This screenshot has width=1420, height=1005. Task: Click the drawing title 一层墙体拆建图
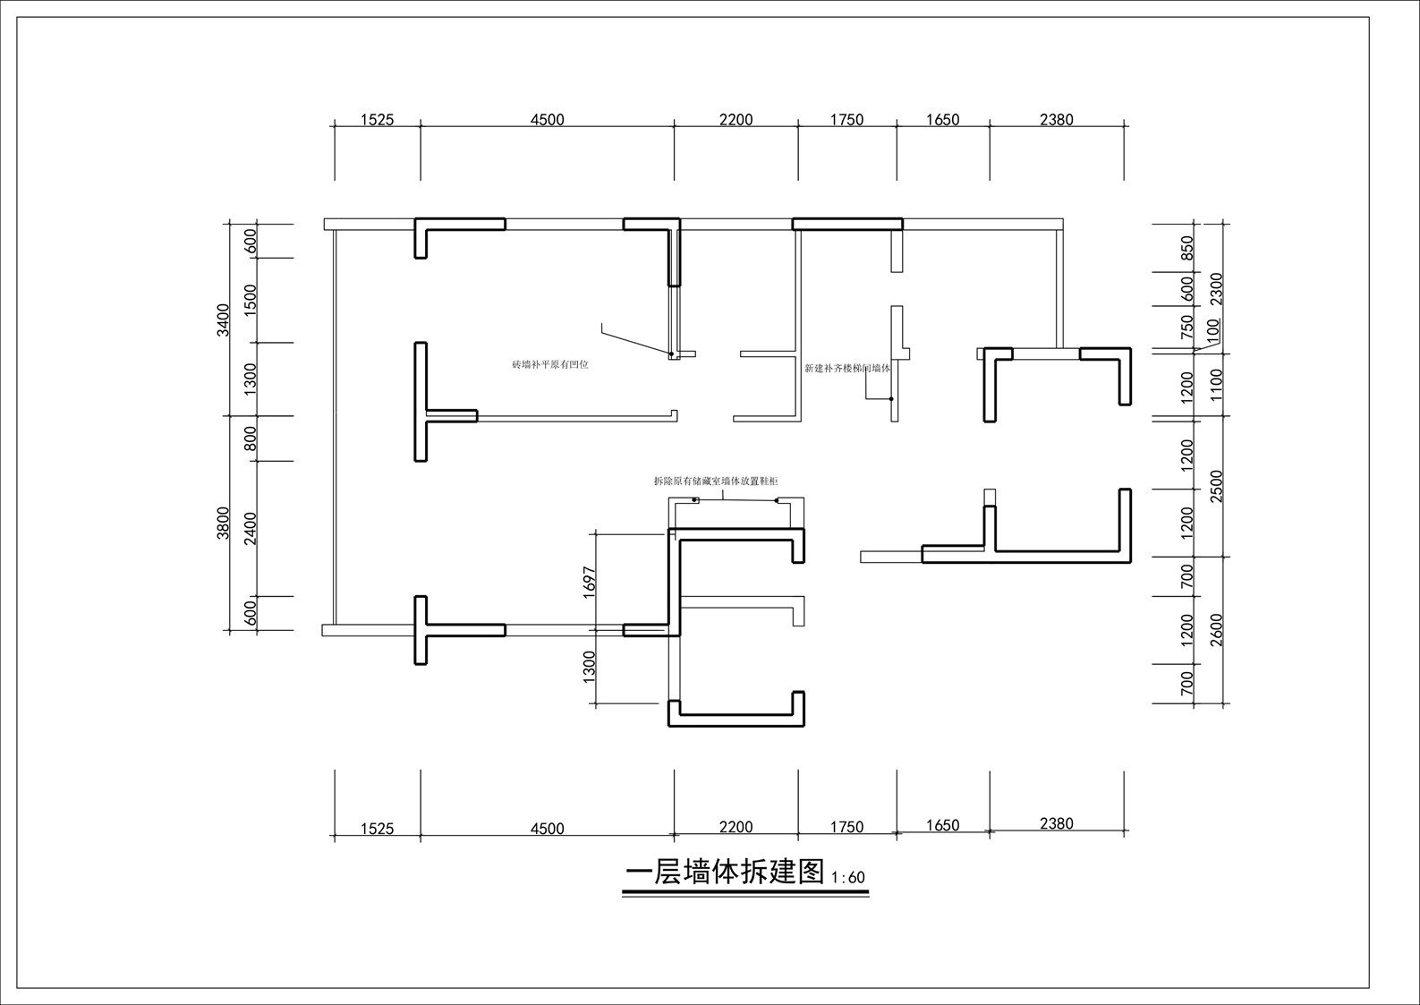(x=725, y=873)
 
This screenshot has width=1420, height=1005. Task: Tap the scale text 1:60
(x=848, y=878)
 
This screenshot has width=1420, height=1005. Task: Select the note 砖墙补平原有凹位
(x=550, y=364)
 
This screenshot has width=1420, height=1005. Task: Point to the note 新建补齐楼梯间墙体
(x=847, y=368)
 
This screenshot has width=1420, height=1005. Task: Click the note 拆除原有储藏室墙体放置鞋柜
(x=716, y=481)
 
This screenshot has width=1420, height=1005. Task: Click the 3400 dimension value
(x=223, y=319)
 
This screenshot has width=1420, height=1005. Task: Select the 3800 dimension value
(x=223, y=523)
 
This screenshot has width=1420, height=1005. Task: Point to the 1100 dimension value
(x=1217, y=385)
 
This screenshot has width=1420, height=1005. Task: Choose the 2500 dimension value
(x=1217, y=486)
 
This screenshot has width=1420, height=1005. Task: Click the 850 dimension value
(x=1187, y=247)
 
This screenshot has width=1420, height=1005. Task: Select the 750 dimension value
(x=1187, y=327)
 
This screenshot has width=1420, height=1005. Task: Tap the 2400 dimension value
(x=251, y=528)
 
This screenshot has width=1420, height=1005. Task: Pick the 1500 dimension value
(x=251, y=300)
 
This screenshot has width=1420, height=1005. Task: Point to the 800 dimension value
(x=251, y=439)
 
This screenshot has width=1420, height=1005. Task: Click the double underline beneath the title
(x=745, y=893)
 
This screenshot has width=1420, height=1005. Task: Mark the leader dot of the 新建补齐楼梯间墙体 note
(x=890, y=399)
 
